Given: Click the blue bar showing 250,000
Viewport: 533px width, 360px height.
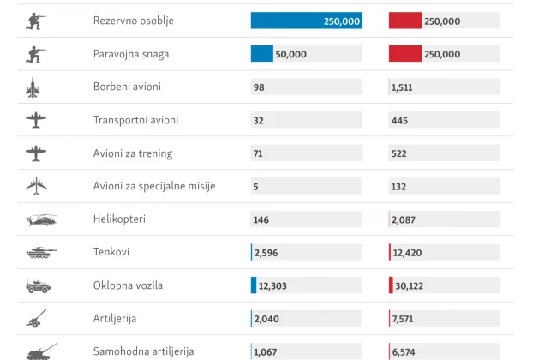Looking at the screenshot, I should (x=306, y=21).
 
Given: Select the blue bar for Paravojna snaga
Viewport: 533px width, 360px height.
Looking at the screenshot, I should (x=262, y=54).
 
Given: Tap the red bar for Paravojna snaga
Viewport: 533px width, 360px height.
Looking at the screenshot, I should (x=404, y=54).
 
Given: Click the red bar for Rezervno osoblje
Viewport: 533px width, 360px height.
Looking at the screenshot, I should (x=404, y=21).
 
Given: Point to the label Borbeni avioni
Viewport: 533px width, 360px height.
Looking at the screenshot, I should (x=127, y=87).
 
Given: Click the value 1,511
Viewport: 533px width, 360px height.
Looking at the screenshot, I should (x=402, y=87).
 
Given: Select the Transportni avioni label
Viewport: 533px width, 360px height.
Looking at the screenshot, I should (x=136, y=120).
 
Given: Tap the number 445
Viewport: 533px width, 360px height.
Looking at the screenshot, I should (x=398, y=121).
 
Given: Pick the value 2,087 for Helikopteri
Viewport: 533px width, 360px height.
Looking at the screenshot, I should (x=404, y=220).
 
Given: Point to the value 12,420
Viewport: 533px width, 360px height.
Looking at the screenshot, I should (x=408, y=253).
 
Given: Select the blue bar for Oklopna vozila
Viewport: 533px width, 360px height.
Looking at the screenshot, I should (x=254, y=285).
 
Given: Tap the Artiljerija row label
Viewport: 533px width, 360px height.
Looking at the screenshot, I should (x=115, y=318).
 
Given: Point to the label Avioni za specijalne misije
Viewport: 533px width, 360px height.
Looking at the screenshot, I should (x=154, y=186).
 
